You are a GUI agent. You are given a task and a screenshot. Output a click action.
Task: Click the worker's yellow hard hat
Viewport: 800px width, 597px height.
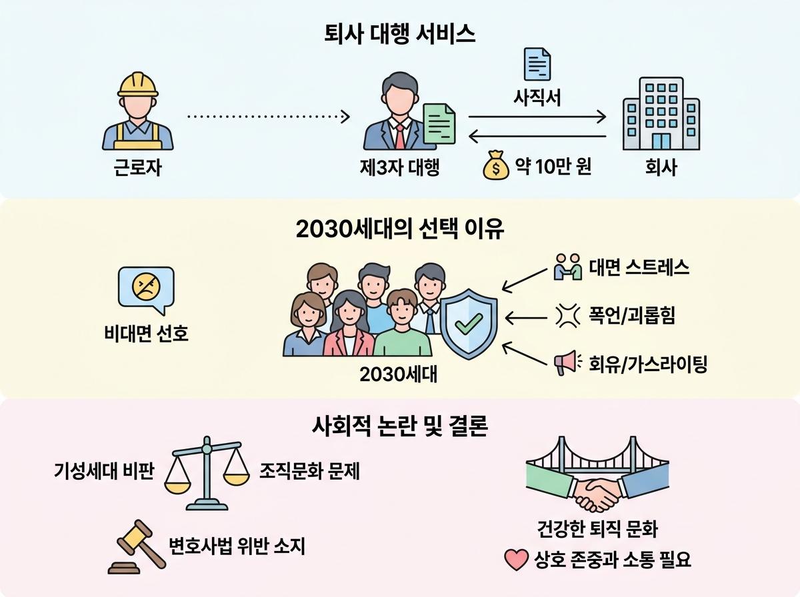click(138, 85)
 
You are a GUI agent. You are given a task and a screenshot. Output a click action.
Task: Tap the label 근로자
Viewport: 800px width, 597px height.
click(137, 168)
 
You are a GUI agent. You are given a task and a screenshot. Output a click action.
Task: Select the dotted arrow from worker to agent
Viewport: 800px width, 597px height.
click(269, 117)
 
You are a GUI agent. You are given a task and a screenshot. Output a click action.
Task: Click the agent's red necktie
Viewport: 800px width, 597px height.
click(400, 136)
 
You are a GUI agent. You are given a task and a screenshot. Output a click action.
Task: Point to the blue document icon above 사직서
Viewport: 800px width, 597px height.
click(537, 64)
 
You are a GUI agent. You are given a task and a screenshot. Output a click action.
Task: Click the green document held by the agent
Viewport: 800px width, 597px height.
click(439, 124)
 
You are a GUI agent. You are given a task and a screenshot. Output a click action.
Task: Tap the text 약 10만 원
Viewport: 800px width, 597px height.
click(553, 167)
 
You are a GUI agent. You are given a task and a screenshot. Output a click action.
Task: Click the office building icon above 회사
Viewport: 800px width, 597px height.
click(661, 113)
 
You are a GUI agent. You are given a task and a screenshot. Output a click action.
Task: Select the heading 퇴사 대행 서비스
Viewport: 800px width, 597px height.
click(400, 34)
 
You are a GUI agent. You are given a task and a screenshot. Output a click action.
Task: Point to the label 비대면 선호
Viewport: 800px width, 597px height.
click(147, 333)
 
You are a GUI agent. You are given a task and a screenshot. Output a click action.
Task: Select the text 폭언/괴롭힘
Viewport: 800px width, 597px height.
click(632, 315)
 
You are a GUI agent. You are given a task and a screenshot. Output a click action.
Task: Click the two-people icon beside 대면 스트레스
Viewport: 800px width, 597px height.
click(567, 267)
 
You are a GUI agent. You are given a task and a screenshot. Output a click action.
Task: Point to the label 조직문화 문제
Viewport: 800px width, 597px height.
click(310, 471)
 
